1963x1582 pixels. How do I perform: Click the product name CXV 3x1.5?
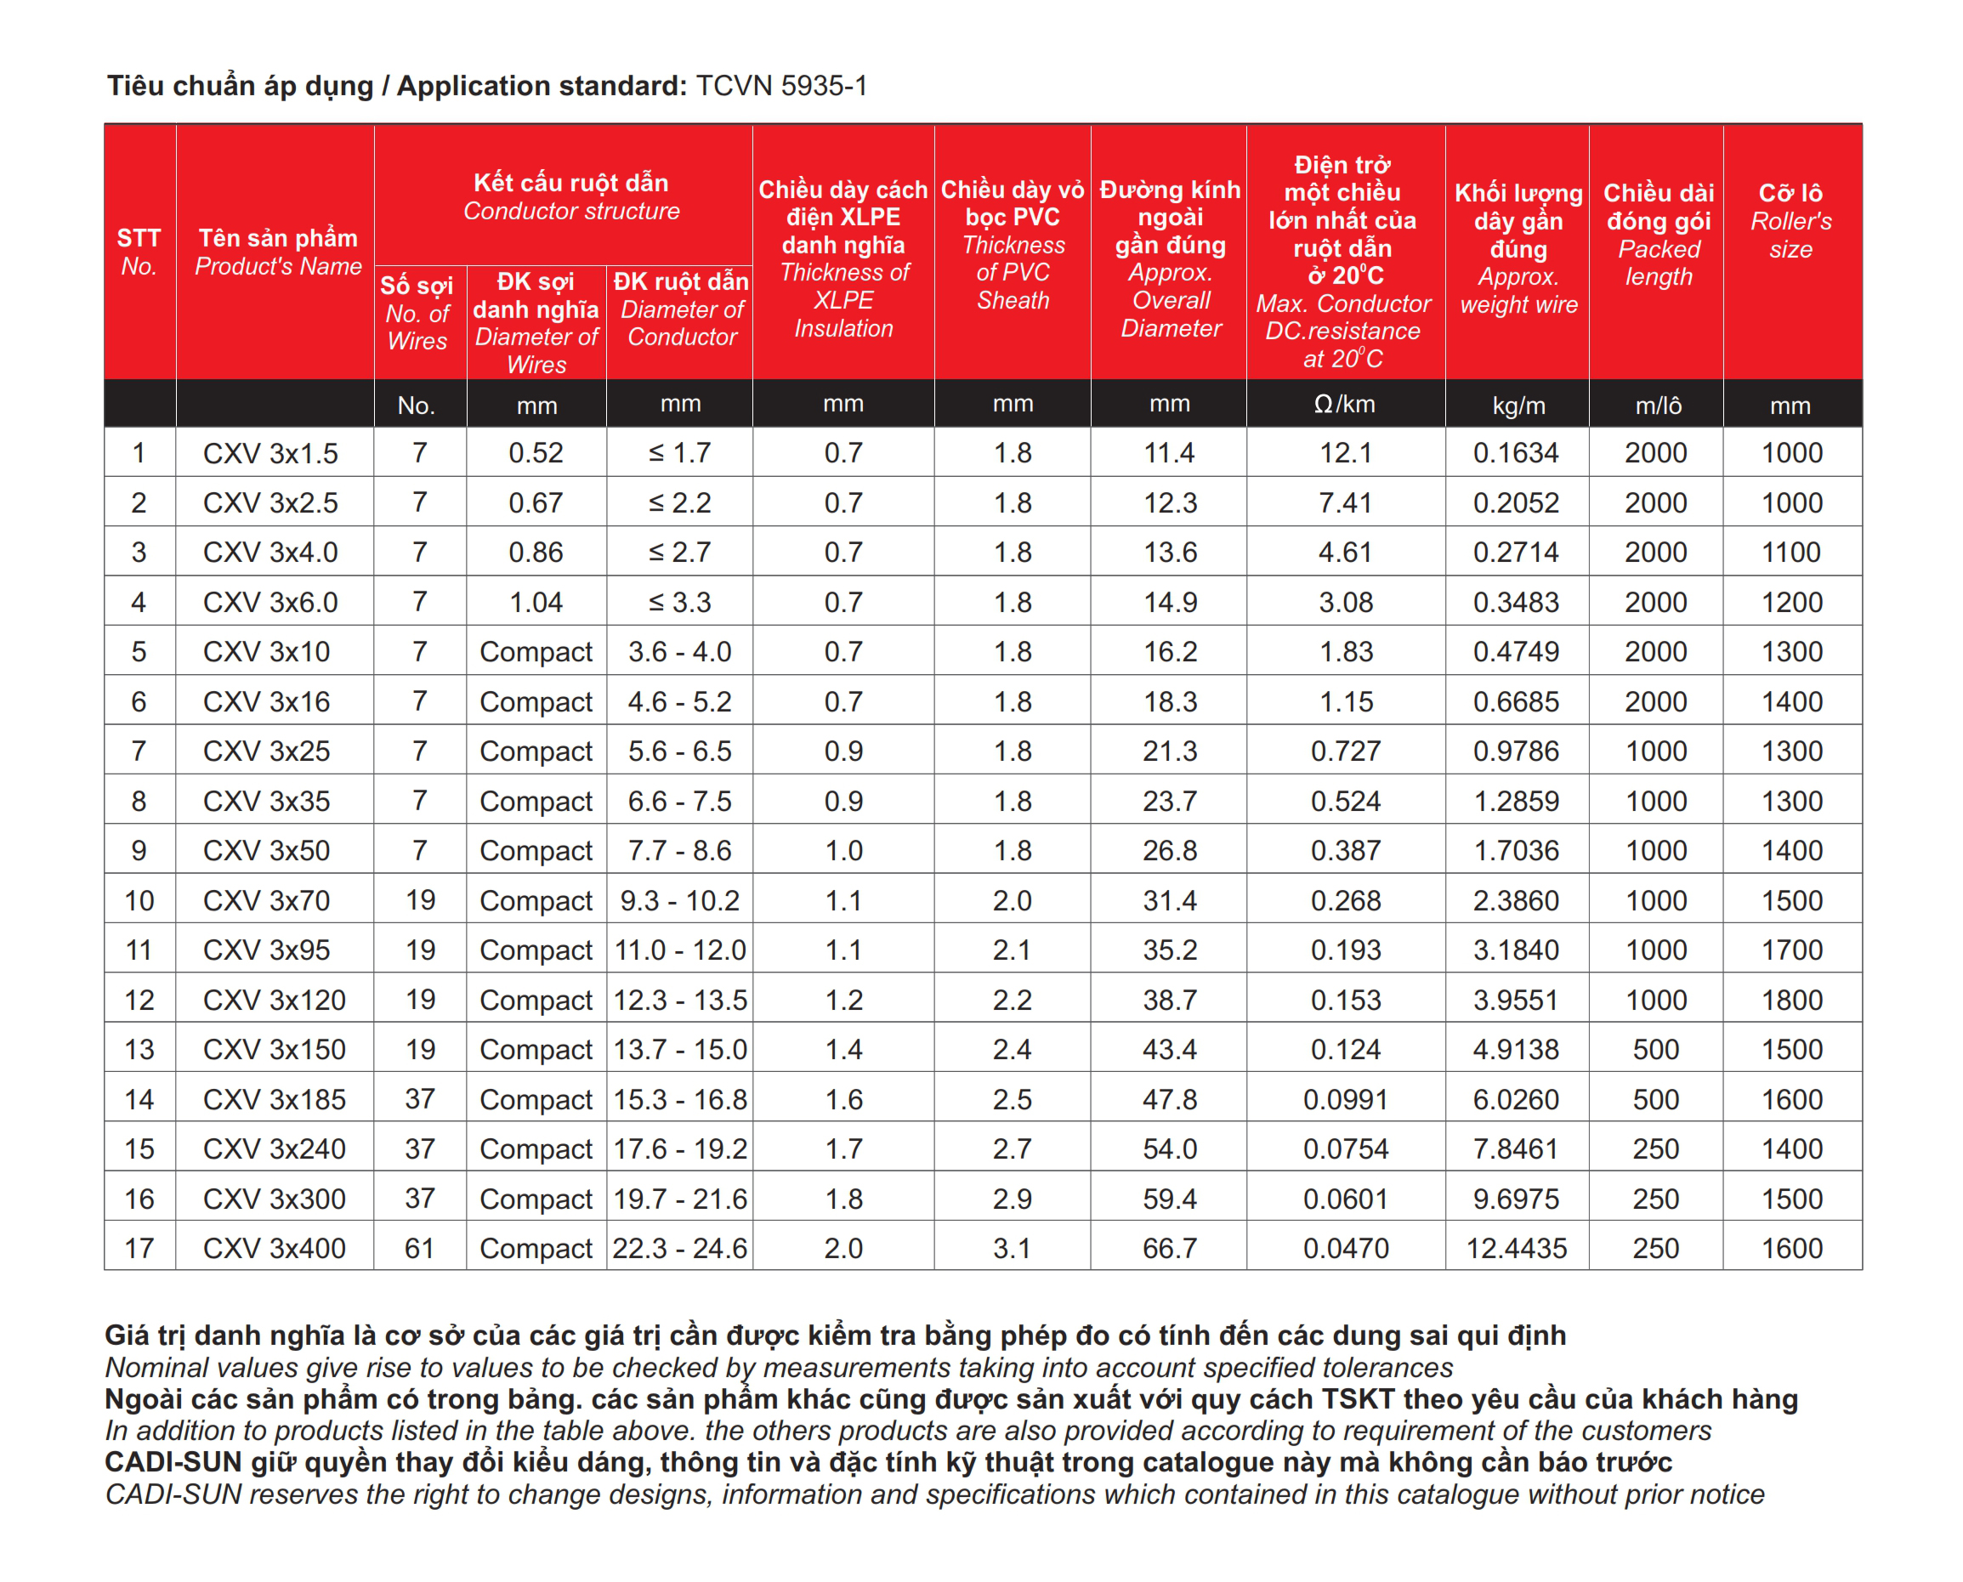pyautogui.click(x=269, y=453)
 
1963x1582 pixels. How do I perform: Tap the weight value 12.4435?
pyautogui.click(x=1516, y=1248)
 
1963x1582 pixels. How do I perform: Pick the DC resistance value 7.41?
pyautogui.click(x=1345, y=502)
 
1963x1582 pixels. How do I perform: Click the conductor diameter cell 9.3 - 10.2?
pyautogui.click(x=679, y=900)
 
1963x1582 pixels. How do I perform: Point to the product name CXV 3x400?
pyautogui.click(x=274, y=1248)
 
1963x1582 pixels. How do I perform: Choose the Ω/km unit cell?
pyautogui.click(x=1344, y=404)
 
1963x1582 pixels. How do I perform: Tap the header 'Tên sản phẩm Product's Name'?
pyautogui.click(x=278, y=252)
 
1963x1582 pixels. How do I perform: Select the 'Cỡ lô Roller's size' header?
pyautogui.click(x=1790, y=220)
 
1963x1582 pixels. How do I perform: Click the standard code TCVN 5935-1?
pyautogui.click(x=781, y=86)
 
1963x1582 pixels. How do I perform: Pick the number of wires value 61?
pyautogui.click(x=419, y=1248)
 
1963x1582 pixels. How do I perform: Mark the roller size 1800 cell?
pyautogui.click(x=1790, y=1000)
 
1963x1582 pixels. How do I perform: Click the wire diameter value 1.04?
pyautogui.click(x=536, y=602)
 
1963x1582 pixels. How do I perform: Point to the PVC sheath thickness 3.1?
pyautogui.click(x=1012, y=1248)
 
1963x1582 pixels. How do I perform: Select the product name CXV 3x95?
pyautogui.click(x=266, y=950)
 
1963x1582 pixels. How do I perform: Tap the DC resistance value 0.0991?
pyautogui.click(x=1345, y=1099)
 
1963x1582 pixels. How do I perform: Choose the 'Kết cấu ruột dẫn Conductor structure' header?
pyautogui.click(x=570, y=196)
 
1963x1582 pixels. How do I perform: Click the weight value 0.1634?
pyautogui.click(x=1516, y=453)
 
